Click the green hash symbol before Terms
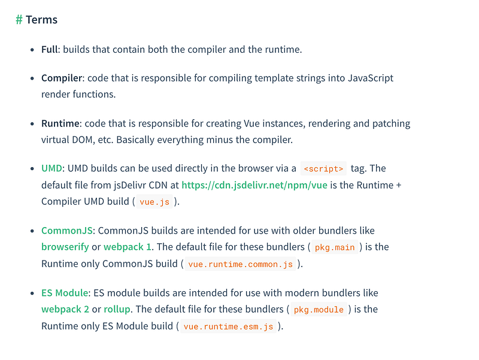[19, 20]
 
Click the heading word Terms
[41, 20]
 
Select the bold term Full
[50, 49]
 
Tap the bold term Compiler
[62, 78]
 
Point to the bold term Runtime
[60, 123]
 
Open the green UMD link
[51, 168]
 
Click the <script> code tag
[323, 169]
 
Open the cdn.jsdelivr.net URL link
[254, 185]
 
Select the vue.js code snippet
[154, 202]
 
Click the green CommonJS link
[67, 231]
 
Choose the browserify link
[65, 247]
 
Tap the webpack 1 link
[128, 247]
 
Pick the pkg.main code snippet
[335, 247]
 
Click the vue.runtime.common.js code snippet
[241, 264]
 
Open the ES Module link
[65, 293]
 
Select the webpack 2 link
[65, 309]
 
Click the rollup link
[117, 309]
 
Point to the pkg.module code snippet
[319, 310]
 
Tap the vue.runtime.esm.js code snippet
[228, 326]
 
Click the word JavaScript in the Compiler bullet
[371, 78]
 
